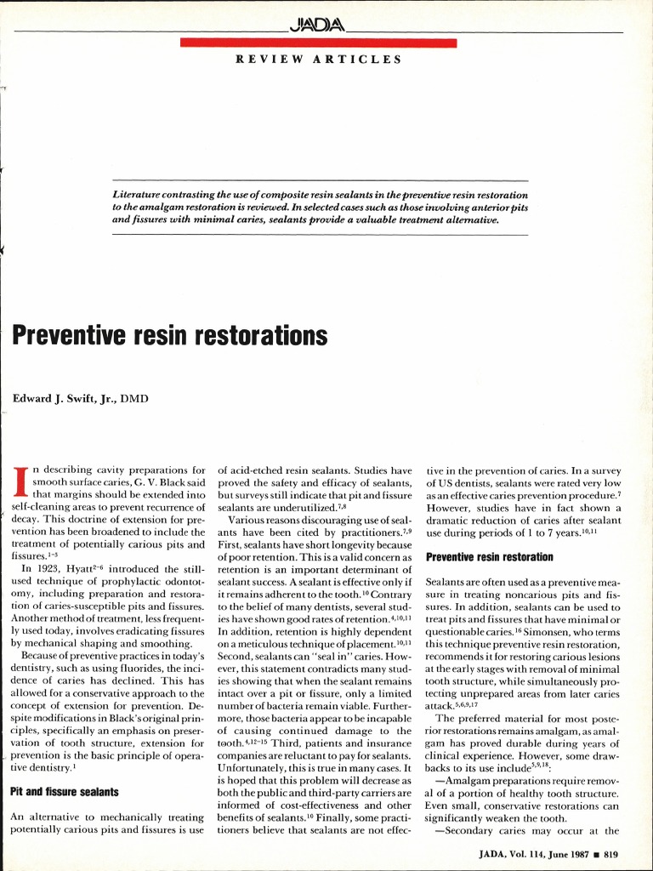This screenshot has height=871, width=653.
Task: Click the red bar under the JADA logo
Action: click(319, 43)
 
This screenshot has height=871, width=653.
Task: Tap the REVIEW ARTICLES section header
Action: click(319, 60)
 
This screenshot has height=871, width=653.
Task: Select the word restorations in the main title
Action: click(261, 336)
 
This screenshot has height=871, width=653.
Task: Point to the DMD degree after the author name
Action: click(134, 397)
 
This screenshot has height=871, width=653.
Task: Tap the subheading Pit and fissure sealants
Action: click(64, 792)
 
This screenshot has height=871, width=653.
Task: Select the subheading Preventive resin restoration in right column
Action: click(489, 557)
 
